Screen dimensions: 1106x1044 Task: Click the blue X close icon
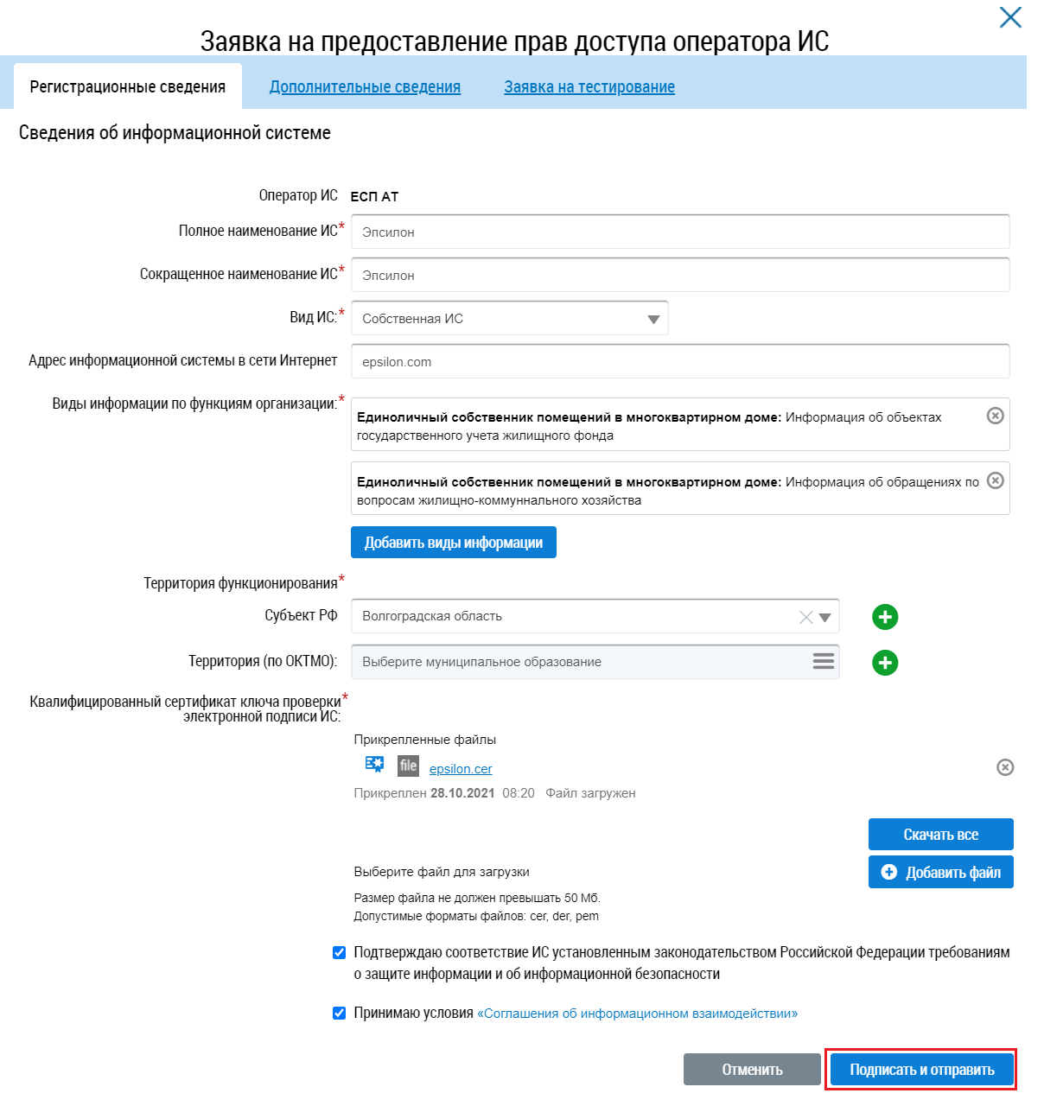tap(1009, 17)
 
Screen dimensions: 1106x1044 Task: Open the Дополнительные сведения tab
tap(365, 86)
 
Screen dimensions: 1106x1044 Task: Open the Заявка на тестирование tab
tap(589, 86)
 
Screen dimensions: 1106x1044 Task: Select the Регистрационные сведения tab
tap(128, 86)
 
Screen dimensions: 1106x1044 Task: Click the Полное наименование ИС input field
tap(679, 232)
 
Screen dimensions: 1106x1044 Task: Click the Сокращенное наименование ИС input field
tap(679, 275)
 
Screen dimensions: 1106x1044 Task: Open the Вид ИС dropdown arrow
tap(653, 319)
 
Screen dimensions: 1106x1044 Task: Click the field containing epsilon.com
tap(679, 361)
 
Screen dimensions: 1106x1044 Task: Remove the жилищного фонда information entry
tap(996, 416)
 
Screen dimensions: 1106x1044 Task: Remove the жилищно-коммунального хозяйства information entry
tap(996, 480)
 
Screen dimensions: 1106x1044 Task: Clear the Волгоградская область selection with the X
tap(805, 617)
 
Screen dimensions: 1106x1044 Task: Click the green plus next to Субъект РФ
tap(885, 617)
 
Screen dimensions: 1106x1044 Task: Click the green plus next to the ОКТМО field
tap(885, 663)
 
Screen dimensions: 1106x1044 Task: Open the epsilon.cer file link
tap(461, 769)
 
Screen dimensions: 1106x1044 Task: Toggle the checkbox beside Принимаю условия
tap(340, 1013)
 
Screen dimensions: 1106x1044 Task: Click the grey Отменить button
tap(752, 1070)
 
